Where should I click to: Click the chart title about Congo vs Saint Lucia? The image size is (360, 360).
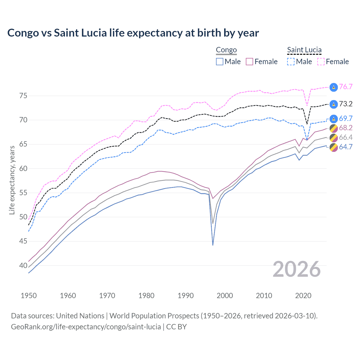coord(133,33)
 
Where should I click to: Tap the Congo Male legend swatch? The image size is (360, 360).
coord(220,62)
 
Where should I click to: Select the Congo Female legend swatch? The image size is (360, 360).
coord(249,62)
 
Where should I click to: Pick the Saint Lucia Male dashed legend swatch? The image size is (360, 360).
coord(291,62)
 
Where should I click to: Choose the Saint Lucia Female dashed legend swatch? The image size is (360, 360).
coord(321,62)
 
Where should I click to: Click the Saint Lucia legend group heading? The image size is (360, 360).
coord(304,50)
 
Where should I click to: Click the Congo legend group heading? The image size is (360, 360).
coord(226,50)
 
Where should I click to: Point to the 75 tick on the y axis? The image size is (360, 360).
coord(23,96)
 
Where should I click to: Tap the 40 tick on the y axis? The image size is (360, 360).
coord(23,265)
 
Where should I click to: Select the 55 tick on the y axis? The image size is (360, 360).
coord(23,193)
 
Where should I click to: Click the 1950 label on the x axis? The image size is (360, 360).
coord(29,296)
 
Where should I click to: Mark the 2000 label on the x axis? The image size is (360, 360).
coord(225,296)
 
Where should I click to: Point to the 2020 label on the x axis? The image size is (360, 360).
coord(303,296)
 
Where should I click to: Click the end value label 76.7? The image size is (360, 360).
coord(346,87)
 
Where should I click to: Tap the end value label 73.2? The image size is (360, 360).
coord(346,104)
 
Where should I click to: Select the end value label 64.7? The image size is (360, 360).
coord(346,147)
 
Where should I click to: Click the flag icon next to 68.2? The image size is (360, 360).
coord(334,128)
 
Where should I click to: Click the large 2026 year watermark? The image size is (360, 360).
coord(297,269)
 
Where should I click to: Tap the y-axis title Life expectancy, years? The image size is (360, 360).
coord(12,180)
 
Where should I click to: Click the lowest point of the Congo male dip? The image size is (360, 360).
coord(213,245)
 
